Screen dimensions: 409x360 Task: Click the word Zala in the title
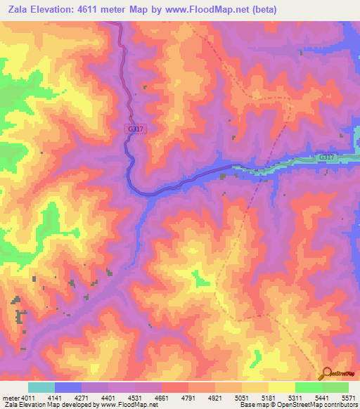(x=19, y=10)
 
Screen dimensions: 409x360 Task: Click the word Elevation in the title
(x=60, y=10)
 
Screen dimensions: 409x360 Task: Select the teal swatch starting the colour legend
(x=41, y=387)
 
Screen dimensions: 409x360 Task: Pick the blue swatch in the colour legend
(x=68, y=387)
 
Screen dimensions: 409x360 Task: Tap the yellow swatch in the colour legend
(x=281, y=387)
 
